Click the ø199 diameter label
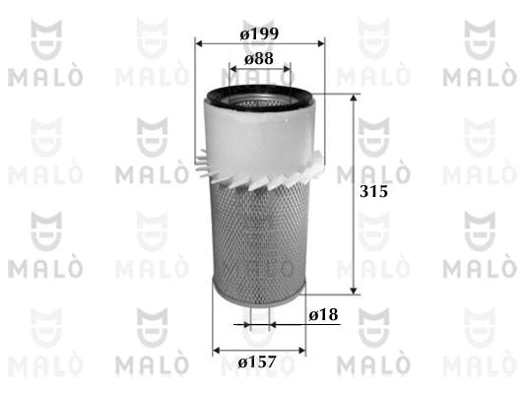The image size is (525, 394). pyautogui.click(x=260, y=32)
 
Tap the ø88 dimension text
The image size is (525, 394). pyautogui.click(x=260, y=59)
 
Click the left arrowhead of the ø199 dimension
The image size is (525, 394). pyautogui.click(x=201, y=43)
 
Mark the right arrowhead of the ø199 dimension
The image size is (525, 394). pyautogui.click(x=319, y=43)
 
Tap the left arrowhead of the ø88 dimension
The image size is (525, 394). pyautogui.click(x=232, y=70)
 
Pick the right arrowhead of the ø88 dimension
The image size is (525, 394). pyautogui.click(x=288, y=70)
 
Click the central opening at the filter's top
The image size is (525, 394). pyautogui.click(x=260, y=98)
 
